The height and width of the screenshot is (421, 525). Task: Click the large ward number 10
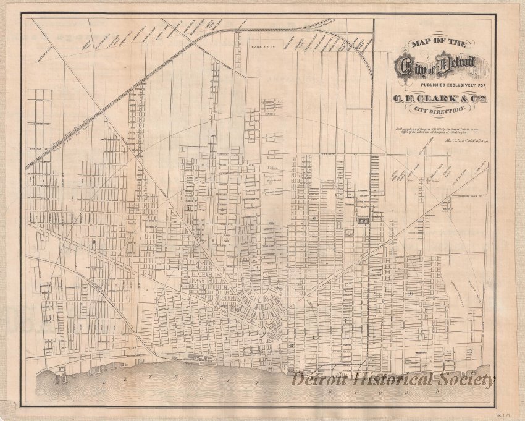point(411,294)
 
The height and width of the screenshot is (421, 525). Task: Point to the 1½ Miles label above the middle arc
point(270,168)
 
